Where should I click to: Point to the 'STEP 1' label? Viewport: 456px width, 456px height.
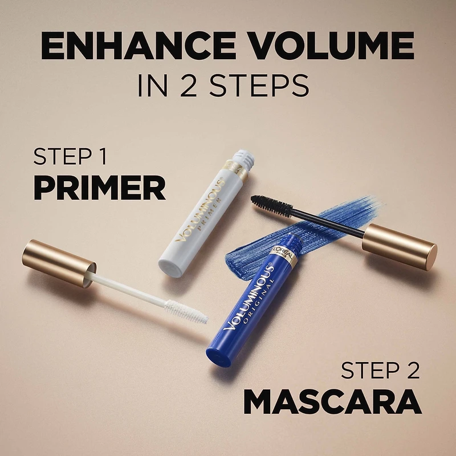coord(71,157)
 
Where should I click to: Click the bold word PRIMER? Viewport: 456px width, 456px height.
coord(100,188)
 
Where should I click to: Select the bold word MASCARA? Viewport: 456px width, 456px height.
coord(332,402)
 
